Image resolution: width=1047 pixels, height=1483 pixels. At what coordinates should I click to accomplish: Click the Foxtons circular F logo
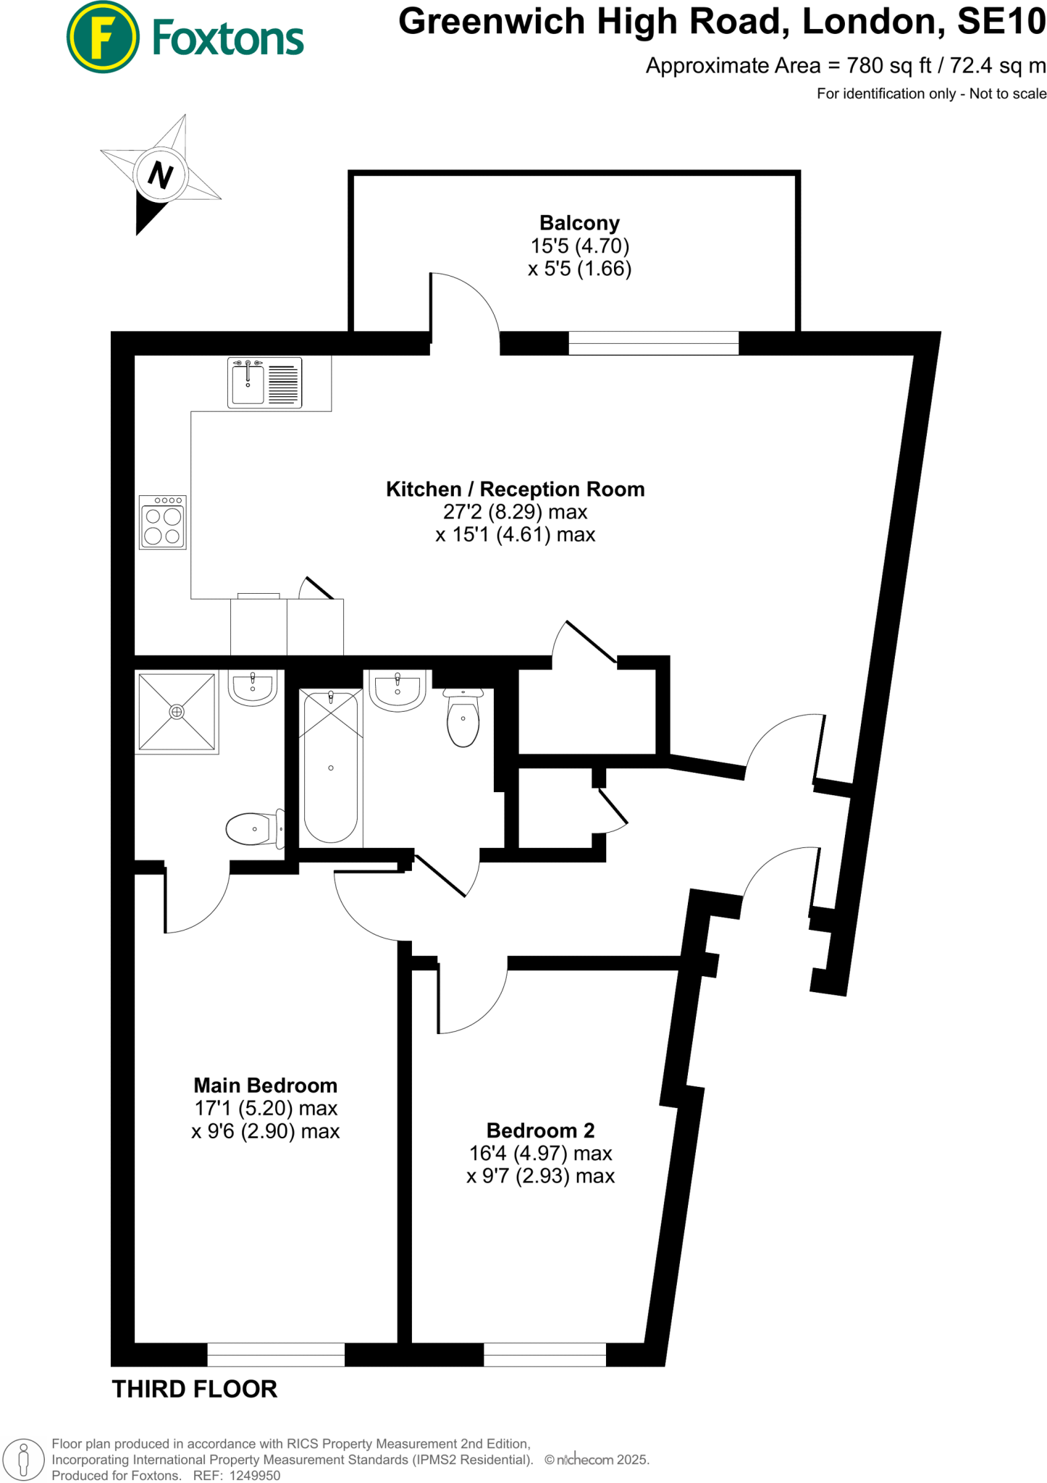[x=103, y=37]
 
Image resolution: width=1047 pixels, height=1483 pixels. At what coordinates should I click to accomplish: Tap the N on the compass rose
[x=160, y=175]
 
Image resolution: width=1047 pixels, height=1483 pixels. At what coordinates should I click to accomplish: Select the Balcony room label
[x=579, y=223]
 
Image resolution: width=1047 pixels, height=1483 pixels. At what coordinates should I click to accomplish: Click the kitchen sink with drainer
[x=264, y=382]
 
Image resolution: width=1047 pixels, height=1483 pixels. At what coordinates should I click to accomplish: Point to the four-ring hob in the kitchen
[x=163, y=522]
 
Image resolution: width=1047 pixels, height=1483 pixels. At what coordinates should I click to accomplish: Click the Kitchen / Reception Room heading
[x=515, y=490]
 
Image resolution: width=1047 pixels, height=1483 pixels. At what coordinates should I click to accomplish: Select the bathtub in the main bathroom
[x=331, y=768]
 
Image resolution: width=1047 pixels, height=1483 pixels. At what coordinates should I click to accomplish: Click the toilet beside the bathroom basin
[x=463, y=718]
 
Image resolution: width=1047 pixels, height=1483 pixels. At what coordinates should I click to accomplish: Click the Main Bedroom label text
[x=265, y=1085]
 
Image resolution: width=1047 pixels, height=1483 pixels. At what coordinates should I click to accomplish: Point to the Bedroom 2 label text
[x=540, y=1130]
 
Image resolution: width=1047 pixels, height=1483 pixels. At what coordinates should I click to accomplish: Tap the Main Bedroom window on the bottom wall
[x=276, y=1354]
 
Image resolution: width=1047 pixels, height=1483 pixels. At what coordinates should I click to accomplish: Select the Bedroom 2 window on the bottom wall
[x=544, y=1354]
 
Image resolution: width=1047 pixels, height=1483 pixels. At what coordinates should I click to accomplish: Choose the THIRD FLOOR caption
[x=195, y=1389]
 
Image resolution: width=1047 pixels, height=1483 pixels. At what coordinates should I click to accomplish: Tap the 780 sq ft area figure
[x=889, y=66]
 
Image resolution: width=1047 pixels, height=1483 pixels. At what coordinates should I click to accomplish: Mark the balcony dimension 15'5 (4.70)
[x=579, y=246]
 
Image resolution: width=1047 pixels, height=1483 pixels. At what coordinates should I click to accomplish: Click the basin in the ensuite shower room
[x=253, y=687]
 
